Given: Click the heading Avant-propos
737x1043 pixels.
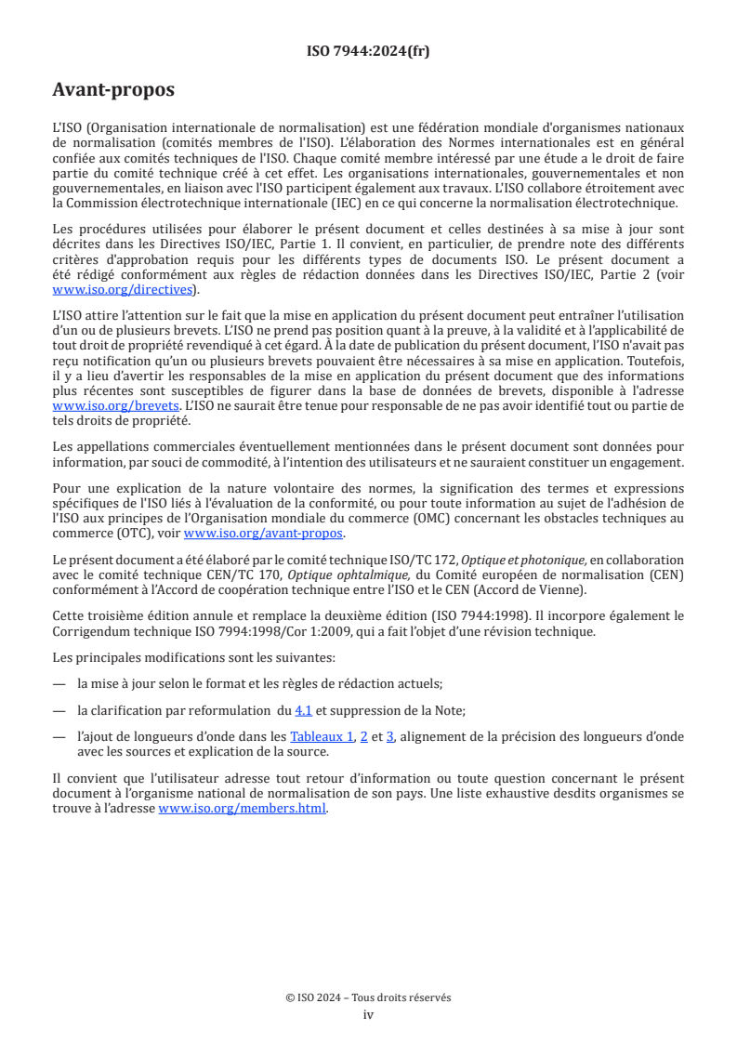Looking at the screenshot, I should pyautogui.click(x=113, y=90).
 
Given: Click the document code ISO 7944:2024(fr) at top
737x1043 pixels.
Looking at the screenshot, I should pyautogui.click(x=368, y=51).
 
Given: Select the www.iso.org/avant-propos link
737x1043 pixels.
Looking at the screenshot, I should pyautogui.click(x=264, y=534).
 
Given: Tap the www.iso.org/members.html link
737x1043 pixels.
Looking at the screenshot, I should pyautogui.click(x=243, y=809).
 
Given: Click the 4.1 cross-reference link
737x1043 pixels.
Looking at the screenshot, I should pyautogui.click(x=303, y=710).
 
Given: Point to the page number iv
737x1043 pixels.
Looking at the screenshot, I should pyautogui.click(x=368, y=1014).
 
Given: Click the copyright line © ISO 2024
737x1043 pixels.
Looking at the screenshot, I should pyautogui.click(x=368, y=997).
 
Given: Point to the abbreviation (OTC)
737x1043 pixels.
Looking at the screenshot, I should pyautogui.click(x=122, y=534).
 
